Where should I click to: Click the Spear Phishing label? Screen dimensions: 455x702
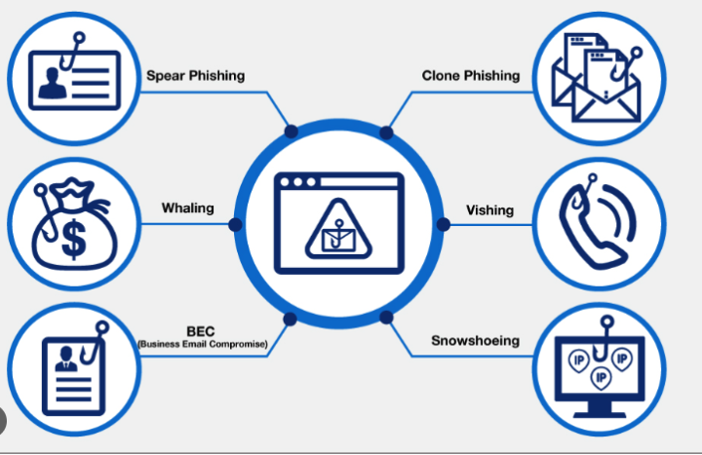coord(195,75)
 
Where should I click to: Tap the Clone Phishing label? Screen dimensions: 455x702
coord(471,75)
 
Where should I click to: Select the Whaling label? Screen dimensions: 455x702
coord(187,208)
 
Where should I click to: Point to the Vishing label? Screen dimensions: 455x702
coord(489,209)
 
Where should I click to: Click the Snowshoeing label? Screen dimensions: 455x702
coord(475,341)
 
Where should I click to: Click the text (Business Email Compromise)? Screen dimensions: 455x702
coord(202,343)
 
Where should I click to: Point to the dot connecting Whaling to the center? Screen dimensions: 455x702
coord(235,225)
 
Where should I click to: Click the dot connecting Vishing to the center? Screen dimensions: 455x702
coord(443,225)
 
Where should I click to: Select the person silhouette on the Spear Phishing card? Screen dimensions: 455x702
coord(49,85)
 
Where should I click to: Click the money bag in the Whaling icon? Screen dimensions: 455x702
coord(70,229)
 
